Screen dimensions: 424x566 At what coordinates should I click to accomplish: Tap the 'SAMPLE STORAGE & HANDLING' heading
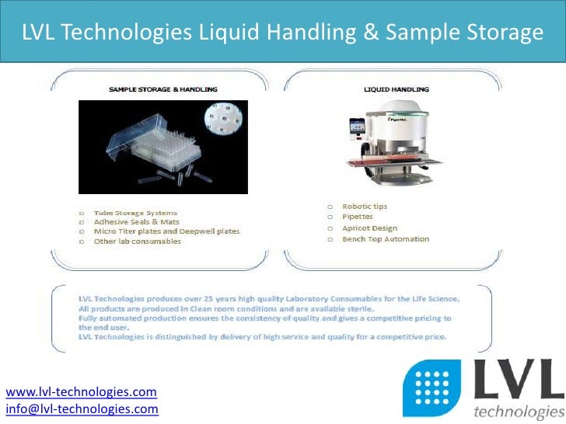click(162, 89)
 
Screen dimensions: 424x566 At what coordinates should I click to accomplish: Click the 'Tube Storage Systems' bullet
click(135, 212)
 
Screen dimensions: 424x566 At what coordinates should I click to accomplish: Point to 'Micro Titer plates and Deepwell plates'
click(166, 231)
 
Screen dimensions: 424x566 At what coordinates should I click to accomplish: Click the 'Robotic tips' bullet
click(365, 207)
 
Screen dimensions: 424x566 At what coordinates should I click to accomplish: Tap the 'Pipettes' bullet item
click(358, 217)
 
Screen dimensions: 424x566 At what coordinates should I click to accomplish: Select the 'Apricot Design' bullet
click(369, 228)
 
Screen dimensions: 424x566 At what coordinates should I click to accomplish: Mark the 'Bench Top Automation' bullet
click(386, 239)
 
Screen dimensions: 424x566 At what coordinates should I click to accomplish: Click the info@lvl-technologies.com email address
click(82, 408)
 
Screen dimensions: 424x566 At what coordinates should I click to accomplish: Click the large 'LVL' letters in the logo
click(517, 383)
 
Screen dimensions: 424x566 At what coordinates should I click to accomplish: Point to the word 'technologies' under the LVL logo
click(517, 412)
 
